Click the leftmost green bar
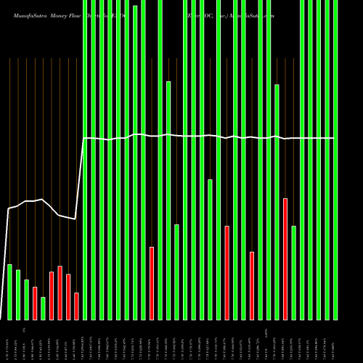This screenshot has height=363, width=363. click(x=9, y=292)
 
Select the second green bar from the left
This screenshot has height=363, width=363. click(x=18, y=295)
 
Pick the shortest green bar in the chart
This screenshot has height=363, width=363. click(x=44, y=309)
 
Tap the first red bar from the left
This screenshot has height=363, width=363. click(x=35, y=303)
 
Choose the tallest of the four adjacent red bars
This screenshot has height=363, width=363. click(x=60, y=293)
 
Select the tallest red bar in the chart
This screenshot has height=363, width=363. click(x=285, y=258)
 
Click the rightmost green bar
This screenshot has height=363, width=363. click(x=335, y=160)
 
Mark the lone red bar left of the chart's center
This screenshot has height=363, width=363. click(x=152, y=283)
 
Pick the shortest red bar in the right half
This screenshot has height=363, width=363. click(x=252, y=285)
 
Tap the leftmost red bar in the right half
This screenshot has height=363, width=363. click(x=227, y=272)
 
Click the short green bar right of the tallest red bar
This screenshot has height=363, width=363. click(x=294, y=272)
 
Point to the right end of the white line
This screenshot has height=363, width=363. click(x=334, y=138)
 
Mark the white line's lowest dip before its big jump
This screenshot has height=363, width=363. click(x=75, y=219)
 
